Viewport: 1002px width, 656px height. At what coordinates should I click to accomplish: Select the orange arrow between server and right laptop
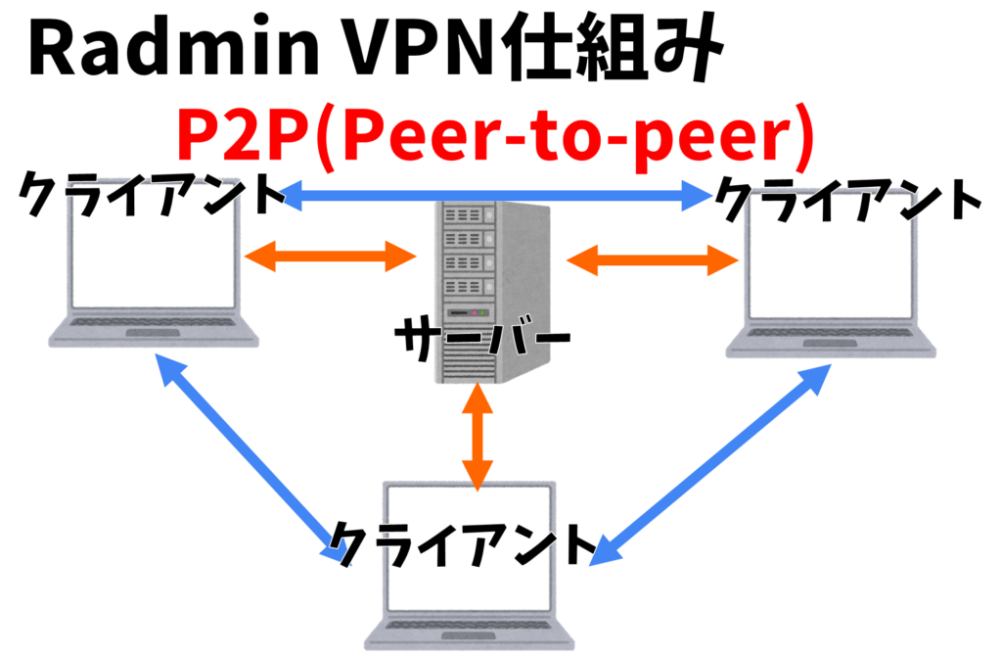[x=652, y=260]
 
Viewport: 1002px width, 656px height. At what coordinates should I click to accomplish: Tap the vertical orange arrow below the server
[x=477, y=436]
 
